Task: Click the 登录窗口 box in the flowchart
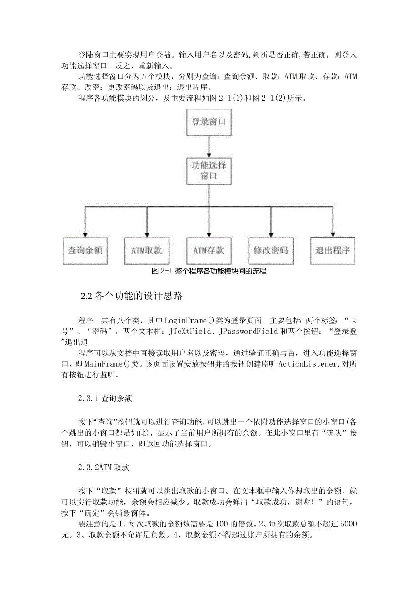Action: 209,122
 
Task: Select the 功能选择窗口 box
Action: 209,170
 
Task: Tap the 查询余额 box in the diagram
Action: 85,250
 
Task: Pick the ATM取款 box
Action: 147,250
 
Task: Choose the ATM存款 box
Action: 209,250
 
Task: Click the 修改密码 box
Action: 271,250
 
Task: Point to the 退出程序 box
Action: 333,250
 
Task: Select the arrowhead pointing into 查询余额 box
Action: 85,233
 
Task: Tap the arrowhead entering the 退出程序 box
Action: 333,233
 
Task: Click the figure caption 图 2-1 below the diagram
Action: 209,272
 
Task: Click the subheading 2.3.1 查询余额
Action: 105,398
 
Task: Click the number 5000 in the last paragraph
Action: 348,524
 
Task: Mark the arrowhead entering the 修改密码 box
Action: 271,233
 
